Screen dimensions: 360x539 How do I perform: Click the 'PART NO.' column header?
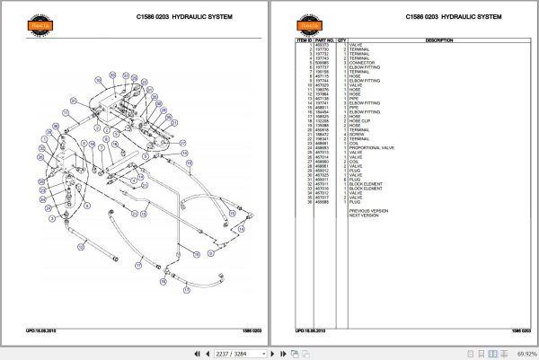(323, 40)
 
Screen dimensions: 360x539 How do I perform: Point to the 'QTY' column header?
(341, 40)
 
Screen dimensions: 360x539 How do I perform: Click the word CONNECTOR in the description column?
(362, 61)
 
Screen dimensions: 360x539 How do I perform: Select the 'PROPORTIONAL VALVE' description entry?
(371, 146)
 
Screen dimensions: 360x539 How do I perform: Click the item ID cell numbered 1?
(308, 45)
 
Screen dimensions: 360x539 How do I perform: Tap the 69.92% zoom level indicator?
(521, 353)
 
